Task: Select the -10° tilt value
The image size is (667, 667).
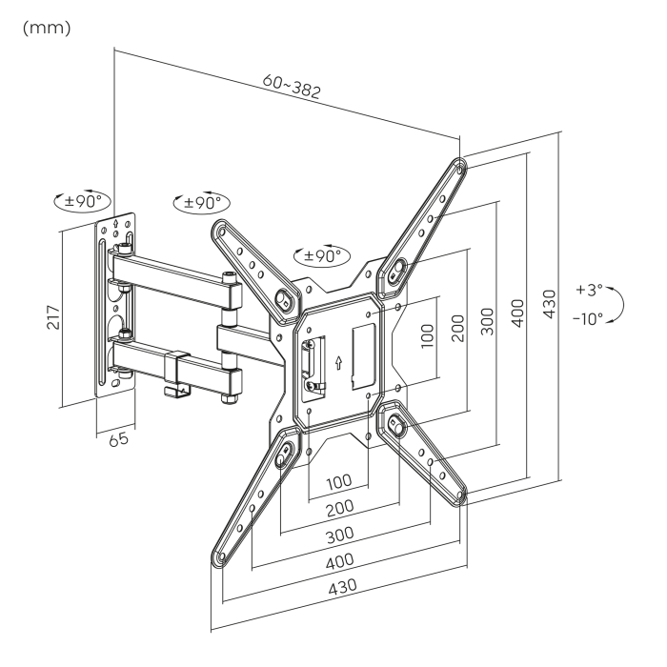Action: (587, 317)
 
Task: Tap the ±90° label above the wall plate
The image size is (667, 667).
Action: (82, 202)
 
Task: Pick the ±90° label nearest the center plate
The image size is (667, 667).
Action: (320, 255)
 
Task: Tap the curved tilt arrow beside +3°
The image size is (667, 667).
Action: (619, 303)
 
